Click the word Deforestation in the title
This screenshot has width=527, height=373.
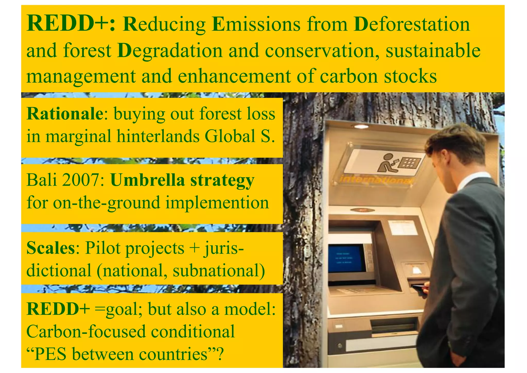tap(412, 24)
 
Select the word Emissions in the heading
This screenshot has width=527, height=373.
tap(256, 24)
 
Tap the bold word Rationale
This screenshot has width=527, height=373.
tap(65, 114)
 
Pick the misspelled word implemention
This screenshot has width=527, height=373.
tap(217, 203)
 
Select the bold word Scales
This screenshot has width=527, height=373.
tap(50, 248)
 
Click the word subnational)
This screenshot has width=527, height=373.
tap(219, 270)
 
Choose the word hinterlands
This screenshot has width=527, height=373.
tap(158, 136)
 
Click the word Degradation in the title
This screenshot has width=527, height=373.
tap(170, 50)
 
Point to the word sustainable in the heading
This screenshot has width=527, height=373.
tap(433, 50)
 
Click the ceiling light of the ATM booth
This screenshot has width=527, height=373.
tap(361, 126)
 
